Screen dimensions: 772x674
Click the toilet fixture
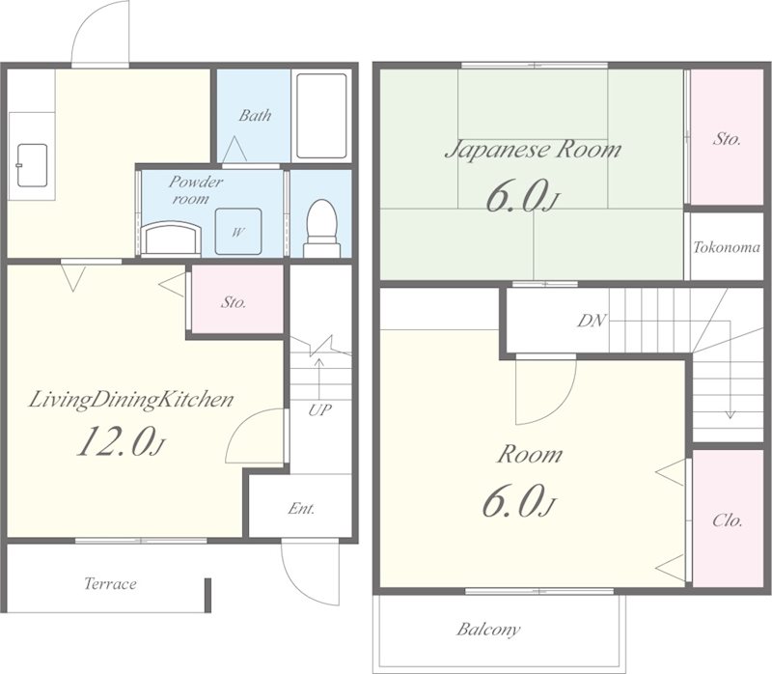tap(322, 228)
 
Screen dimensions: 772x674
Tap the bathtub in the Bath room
tap(321, 116)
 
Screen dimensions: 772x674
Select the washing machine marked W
tap(238, 232)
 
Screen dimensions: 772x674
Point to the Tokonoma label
tap(727, 247)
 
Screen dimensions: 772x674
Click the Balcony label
tap(488, 630)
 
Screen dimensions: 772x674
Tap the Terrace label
tap(110, 584)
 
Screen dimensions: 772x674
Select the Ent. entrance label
tap(301, 508)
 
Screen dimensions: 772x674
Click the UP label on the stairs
tap(320, 409)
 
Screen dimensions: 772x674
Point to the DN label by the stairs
tap(592, 321)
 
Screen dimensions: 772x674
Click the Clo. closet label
tap(728, 520)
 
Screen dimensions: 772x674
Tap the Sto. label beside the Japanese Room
tap(727, 139)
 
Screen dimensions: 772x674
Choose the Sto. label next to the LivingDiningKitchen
tap(234, 302)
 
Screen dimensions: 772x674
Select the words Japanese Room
tap(533, 150)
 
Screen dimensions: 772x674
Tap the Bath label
tap(255, 115)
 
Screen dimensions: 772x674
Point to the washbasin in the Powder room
tap(171, 239)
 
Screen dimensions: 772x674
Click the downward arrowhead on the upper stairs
tap(731, 415)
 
